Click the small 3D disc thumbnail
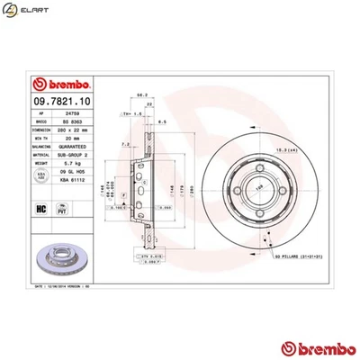tap(54, 262)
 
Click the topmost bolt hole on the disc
tap(262, 163)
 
